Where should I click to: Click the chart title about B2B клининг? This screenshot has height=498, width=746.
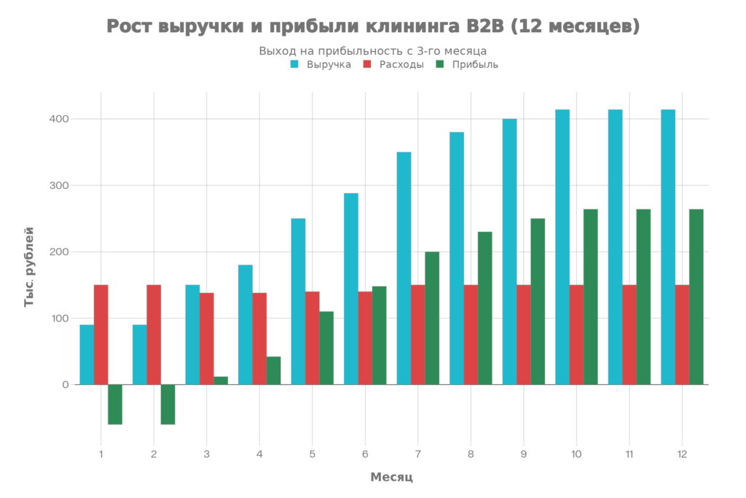coord(373,27)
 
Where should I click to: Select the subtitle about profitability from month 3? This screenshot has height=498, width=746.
coord(373,51)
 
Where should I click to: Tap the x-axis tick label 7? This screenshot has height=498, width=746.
coord(418,454)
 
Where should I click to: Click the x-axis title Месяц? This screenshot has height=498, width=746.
coord(392,478)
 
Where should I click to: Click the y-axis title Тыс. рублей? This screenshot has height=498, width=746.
coord(29,266)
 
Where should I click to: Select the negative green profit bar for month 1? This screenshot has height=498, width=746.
coord(115,404)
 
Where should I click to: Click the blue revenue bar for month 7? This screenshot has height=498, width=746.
coord(404,268)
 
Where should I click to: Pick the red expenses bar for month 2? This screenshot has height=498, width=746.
coord(154,334)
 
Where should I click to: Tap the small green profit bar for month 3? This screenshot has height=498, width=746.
coord(221,380)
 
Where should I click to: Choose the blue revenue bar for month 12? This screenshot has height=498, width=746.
coord(668,246)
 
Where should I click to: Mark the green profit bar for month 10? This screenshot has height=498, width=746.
coord(590,296)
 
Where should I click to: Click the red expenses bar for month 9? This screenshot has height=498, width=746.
coord(524,334)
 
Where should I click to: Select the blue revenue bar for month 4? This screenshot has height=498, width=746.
coord(246,324)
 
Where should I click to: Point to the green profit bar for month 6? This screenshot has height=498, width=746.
coord(379,335)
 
